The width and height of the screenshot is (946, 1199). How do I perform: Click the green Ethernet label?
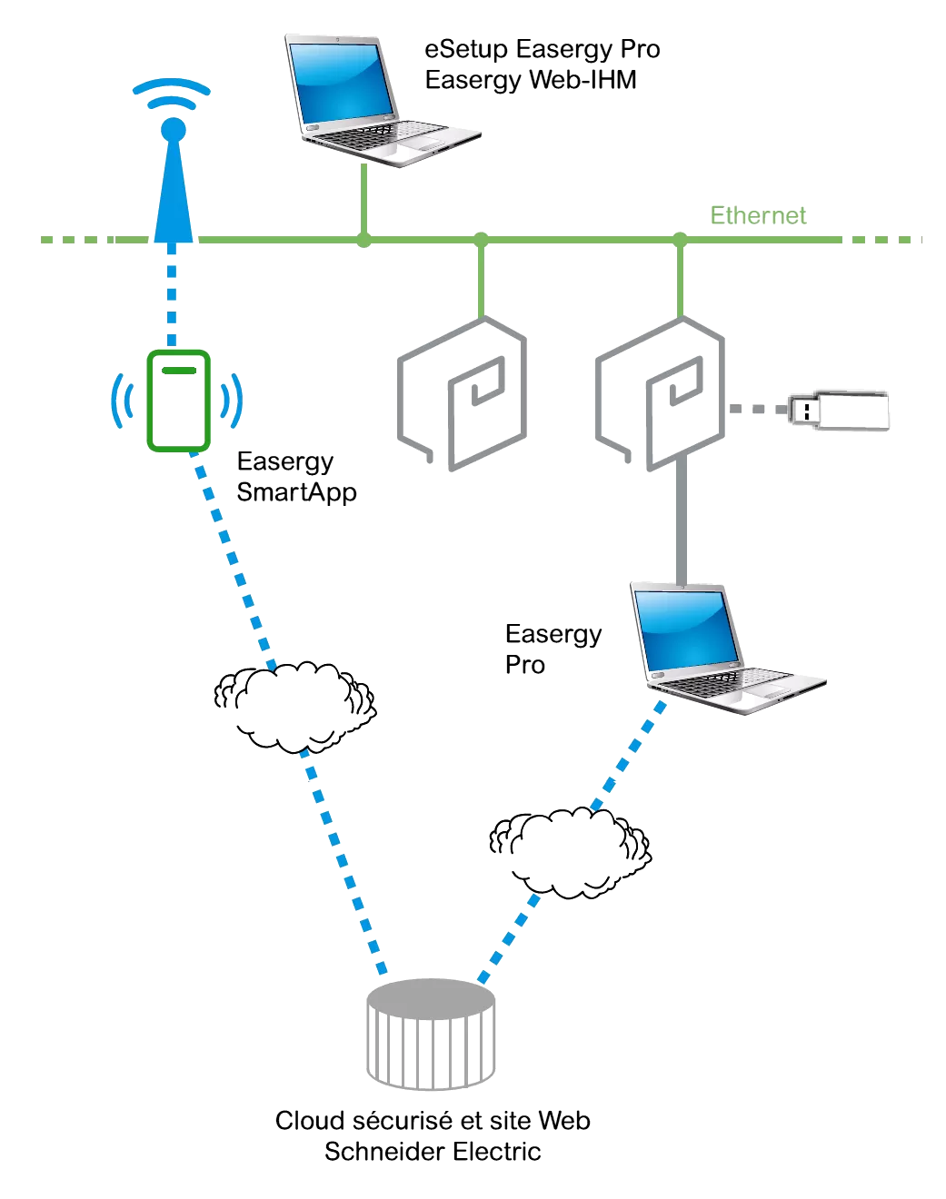coord(758,215)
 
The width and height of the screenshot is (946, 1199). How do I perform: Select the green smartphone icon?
coord(179,401)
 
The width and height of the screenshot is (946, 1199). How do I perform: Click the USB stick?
coord(839,411)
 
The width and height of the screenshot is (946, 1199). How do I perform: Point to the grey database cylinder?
coord(431,1034)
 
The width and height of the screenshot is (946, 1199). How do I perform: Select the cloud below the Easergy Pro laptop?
coord(570,852)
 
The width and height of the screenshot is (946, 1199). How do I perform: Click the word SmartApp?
coord(296,492)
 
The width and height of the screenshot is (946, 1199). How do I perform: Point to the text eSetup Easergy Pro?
coord(542,49)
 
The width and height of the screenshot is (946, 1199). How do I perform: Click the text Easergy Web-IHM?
coord(531,80)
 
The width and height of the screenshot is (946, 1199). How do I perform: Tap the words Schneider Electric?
coord(433,1152)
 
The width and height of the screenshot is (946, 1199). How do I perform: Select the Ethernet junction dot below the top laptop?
coord(363,240)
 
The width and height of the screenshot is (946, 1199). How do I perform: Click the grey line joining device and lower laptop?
coord(681,522)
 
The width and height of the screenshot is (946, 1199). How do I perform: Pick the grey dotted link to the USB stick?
coord(757,410)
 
